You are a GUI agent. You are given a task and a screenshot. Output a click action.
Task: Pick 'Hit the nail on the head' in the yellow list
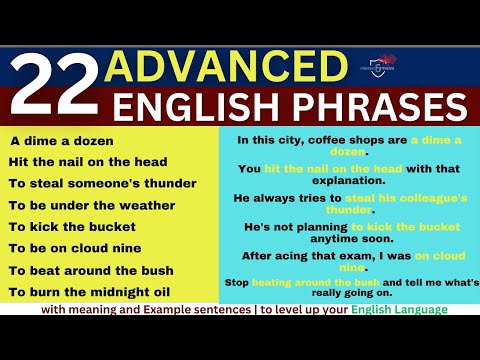click(87, 162)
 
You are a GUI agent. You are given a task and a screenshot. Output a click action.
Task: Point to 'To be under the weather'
click(91, 205)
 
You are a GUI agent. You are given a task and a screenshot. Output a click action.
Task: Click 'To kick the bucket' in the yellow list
click(72, 227)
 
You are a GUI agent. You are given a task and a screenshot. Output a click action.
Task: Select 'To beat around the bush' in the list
click(91, 270)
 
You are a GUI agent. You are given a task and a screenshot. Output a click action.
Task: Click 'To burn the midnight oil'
click(90, 292)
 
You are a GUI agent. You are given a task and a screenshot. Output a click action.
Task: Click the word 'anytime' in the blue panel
click(324, 239)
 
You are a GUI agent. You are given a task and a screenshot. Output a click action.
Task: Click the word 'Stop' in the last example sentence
click(236, 283)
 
